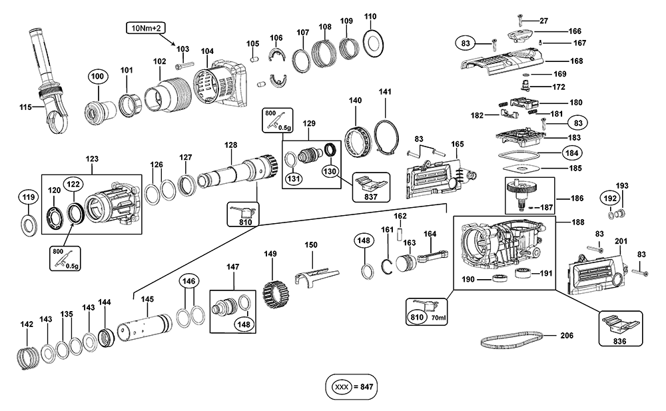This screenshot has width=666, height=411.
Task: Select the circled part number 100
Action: [x=97, y=77]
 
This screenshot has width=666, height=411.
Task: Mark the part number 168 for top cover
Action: [x=576, y=61]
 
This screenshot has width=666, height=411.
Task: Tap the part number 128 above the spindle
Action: [x=230, y=145]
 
